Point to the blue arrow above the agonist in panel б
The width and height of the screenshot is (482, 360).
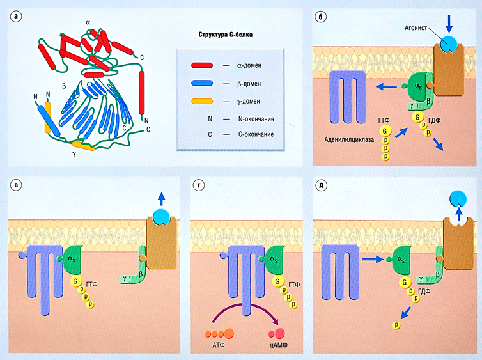(449, 22)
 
